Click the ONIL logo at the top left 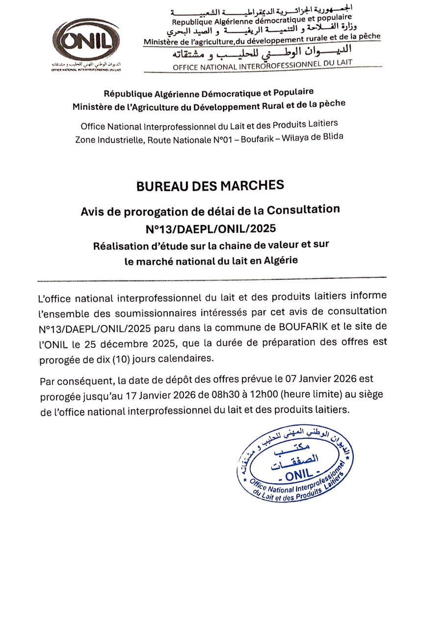pyautogui.click(x=86, y=41)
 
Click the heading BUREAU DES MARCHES pyautogui.click(x=210, y=186)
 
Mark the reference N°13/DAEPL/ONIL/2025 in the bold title pyautogui.click(x=210, y=228)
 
